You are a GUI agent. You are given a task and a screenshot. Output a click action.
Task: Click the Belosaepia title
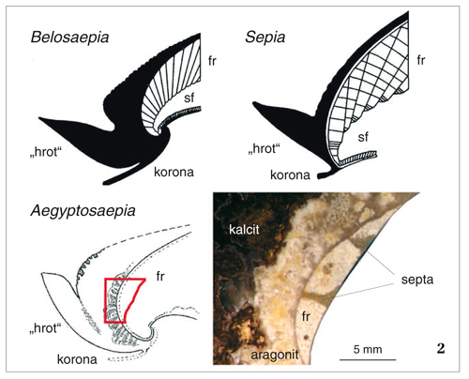[69, 38]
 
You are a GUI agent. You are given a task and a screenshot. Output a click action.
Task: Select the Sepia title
[265, 38]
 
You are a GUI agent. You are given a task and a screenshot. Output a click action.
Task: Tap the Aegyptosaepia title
[83, 211]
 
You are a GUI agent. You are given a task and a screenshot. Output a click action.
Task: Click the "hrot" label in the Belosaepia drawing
[46, 152]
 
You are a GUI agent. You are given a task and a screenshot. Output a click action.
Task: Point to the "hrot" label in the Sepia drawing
[264, 148]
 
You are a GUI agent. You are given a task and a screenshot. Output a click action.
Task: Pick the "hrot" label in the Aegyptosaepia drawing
[46, 328]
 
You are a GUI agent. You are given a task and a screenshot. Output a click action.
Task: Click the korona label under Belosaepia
[174, 172]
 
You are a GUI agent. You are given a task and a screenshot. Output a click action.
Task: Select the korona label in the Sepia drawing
[290, 175]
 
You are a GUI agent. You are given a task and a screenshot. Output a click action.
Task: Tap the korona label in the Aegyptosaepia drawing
[77, 359]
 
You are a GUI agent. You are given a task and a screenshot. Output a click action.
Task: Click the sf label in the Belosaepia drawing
[189, 98]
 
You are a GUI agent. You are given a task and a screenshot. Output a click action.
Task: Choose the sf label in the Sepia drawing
[363, 137]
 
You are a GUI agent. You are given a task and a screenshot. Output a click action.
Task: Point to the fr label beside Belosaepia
[212, 61]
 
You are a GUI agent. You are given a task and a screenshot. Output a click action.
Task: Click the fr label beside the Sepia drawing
[421, 60]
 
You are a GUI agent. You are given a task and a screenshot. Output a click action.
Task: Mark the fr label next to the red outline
[160, 276]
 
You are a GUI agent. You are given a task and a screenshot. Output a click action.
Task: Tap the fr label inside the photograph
[306, 316]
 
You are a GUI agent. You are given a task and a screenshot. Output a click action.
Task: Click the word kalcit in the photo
[244, 230]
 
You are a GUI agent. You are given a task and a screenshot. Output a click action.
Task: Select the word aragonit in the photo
[275, 356]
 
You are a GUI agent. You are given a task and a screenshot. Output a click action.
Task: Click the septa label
[417, 280]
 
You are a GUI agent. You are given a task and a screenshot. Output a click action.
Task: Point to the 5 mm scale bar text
[368, 349]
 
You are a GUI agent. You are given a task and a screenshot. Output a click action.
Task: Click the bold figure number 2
[441, 348]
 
